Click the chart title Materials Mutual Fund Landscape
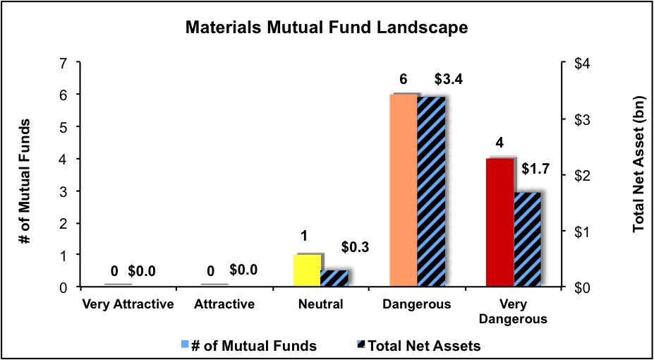[327, 28]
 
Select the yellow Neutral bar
[308, 270]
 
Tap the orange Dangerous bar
[404, 191]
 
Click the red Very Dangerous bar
[499, 223]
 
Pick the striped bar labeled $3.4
[431, 192]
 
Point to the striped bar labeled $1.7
[527, 240]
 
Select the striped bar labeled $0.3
[334, 279]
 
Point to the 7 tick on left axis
[65, 63]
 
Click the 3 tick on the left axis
[65, 191]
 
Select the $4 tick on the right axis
[578, 63]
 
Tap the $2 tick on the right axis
[578, 175]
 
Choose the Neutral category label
[321, 304]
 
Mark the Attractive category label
[224, 304]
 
